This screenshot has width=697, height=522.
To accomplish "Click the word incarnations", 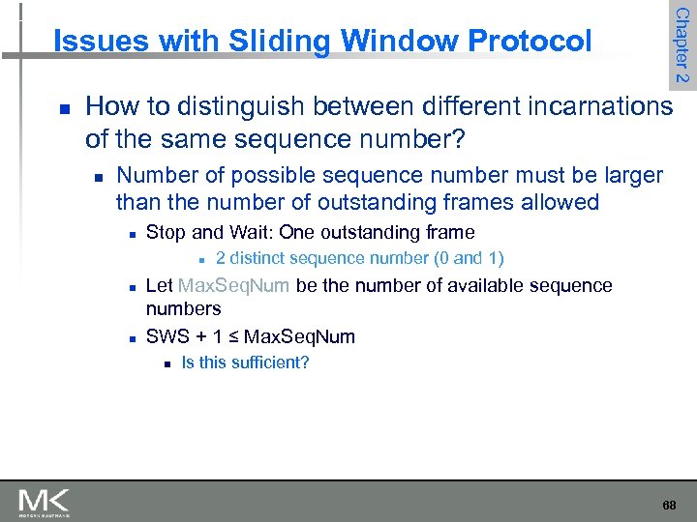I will click(587, 105).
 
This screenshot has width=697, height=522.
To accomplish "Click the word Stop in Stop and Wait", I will click(165, 232).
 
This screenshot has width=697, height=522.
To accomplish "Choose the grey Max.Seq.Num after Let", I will click(235, 285).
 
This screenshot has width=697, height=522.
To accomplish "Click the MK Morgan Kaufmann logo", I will click(44, 501).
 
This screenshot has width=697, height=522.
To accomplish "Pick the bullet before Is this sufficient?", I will click(167, 364).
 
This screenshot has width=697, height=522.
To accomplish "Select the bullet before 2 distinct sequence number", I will click(200, 259).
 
